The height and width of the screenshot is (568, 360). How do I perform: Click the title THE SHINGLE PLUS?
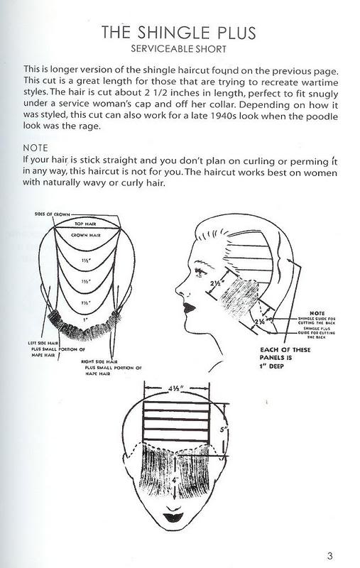point(178,33)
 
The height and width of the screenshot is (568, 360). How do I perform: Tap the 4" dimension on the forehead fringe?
point(175,481)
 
